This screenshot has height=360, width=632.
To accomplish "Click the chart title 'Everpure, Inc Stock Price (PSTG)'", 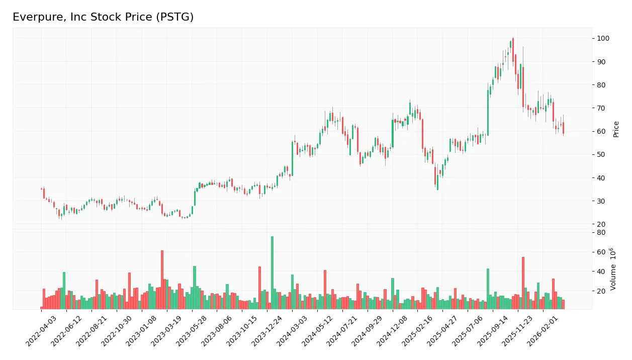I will tap(103, 17).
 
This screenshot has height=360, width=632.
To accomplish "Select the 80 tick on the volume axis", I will tap(601, 232).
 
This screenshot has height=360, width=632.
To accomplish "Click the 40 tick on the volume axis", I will tap(601, 272).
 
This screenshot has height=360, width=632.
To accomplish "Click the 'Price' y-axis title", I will tap(616, 129).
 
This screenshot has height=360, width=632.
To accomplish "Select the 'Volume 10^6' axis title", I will tap(614, 269).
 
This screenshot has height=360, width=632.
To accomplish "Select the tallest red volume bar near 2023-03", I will tap(162, 280).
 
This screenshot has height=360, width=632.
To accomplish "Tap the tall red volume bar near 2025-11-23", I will tap(523, 283).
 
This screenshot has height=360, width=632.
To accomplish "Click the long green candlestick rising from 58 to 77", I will tap(488, 113).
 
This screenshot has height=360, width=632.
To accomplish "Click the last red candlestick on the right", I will tap(563, 128).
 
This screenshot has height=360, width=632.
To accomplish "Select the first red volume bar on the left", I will tap(42, 308).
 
